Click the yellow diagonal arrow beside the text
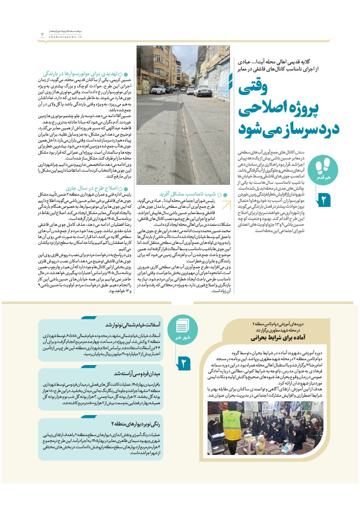[227, 206]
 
